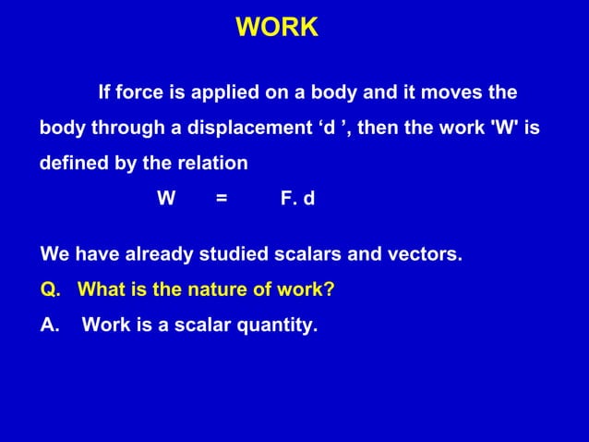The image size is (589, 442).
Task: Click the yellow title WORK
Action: (x=277, y=28)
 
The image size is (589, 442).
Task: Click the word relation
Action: (x=214, y=164)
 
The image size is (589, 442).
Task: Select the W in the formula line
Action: (x=166, y=198)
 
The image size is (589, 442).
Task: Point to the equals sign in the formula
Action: (x=221, y=198)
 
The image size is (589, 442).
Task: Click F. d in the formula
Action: (x=297, y=198)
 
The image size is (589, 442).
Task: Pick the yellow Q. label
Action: (x=51, y=289)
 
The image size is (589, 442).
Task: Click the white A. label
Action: (x=51, y=325)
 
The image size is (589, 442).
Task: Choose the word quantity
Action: (x=278, y=325)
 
